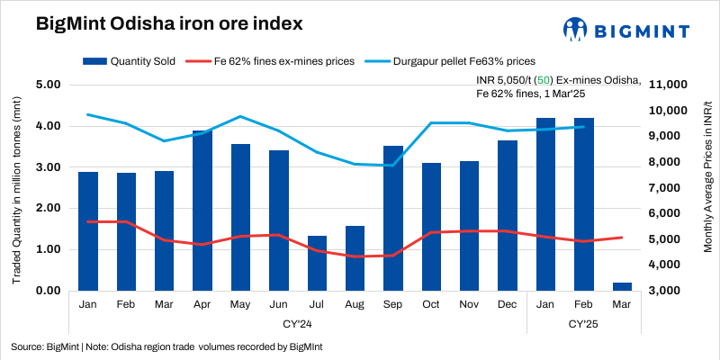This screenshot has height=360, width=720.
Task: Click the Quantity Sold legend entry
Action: pyautogui.click(x=121, y=61)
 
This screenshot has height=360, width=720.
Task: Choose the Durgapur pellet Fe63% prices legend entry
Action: pyautogui.click(x=455, y=61)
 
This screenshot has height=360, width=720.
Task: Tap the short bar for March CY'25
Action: pyautogui.click(x=622, y=286)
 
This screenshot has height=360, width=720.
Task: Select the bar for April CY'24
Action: pyautogui.click(x=202, y=211)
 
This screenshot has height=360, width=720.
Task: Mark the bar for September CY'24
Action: pyautogui.click(x=393, y=218)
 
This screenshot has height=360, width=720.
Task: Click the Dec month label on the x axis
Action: pyautogui.click(x=508, y=305)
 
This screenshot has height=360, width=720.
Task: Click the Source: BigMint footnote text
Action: pyautogui.click(x=166, y=346)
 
